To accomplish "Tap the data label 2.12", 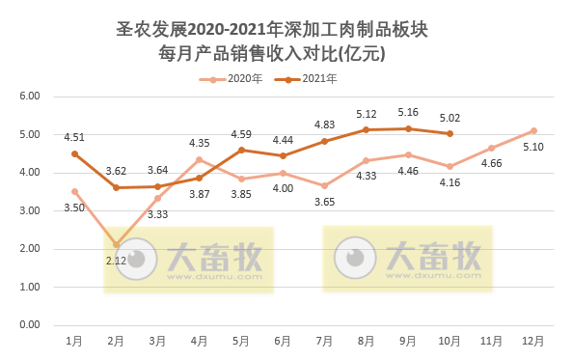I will click(x=116, y=261).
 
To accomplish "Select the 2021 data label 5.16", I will click(x=408, y=112).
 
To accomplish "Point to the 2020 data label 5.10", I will click(x=532, y=148).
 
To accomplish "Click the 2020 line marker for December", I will click(x=533, y=130).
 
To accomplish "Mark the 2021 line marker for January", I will click(x=74, y=153).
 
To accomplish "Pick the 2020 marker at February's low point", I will click(x=116, y=244).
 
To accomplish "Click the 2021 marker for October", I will click(x=449, y=134).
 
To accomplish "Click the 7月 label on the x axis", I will click(x=324, y=341).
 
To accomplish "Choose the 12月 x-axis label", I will click(x=533, y=341).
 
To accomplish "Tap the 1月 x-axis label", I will click(x=74, y=341).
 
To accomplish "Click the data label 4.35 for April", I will click(x=200, y=144).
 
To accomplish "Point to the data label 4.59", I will click(x=241, y=134).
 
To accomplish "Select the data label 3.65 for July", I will click(x=324, y=202).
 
